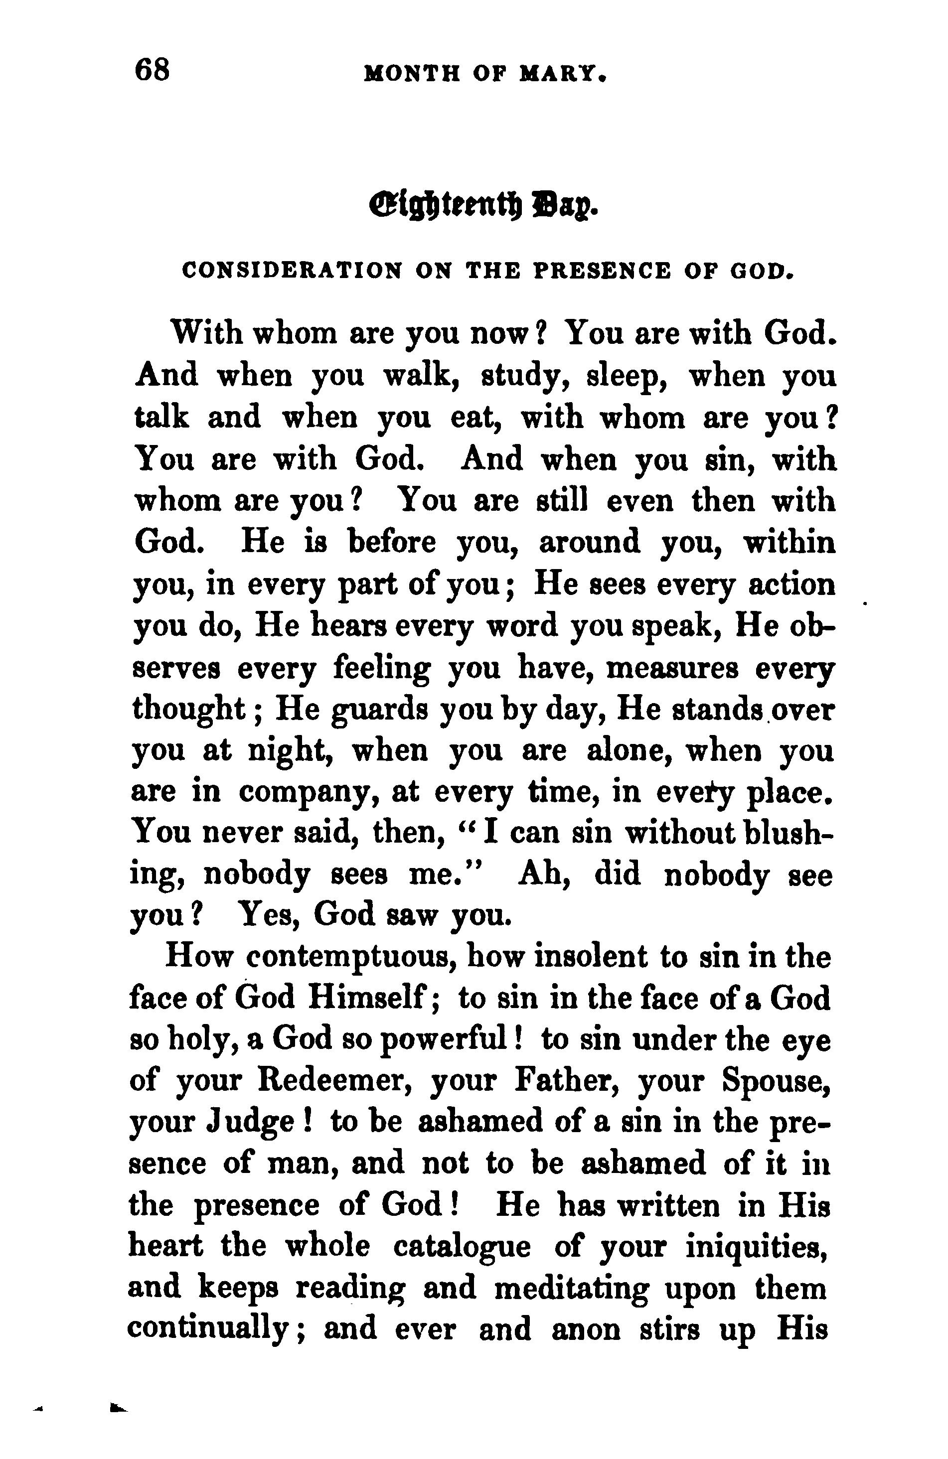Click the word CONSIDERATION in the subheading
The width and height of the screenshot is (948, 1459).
pos(293,271)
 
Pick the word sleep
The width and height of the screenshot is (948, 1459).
pos(627,376)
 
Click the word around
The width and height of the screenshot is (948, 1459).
pos(589,542)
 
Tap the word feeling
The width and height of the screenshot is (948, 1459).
pos(382,668)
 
